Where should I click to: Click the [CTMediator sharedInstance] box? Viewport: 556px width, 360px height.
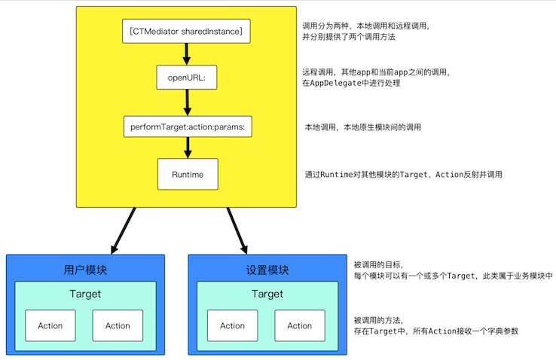coord(186,31)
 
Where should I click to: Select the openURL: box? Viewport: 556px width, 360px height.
coord(187,78)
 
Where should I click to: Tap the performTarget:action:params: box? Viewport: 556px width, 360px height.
coord(188,127)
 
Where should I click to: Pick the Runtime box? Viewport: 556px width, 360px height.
coord(188,174)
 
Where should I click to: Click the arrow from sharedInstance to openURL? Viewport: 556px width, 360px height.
coord(187,54)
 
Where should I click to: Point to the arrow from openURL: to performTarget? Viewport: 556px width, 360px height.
coord(188,102)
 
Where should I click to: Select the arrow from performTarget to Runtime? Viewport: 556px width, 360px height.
coord(188,148)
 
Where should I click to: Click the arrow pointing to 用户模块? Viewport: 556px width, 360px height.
coord(123,231)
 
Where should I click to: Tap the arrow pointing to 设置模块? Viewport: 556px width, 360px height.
coord(237,231)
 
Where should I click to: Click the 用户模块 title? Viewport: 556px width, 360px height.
coord(85,270)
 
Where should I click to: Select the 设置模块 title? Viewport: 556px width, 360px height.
coord(267,270)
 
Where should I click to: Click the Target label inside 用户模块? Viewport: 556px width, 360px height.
coord(85,294)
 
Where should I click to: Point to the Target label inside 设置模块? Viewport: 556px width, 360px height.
coord(267,294)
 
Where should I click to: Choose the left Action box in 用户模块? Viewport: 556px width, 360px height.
coord(50,325)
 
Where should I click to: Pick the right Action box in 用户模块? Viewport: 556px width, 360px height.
coord(118,325)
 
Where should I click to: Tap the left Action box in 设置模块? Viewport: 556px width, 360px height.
coord(233,325)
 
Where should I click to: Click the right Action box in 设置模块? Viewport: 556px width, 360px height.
coord(300,325)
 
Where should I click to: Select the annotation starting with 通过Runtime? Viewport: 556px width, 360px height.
coord(404,174)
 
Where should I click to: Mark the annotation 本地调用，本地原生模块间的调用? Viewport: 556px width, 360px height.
coord(363,127)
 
